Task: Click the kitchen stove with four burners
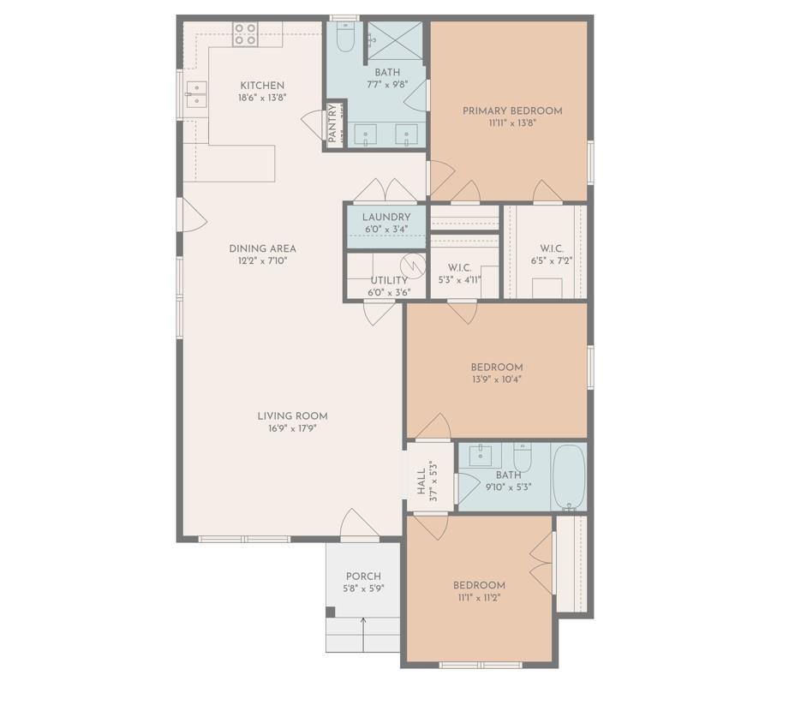coord(245,35)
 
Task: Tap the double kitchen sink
coord(196,94)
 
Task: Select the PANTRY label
coord(332,123)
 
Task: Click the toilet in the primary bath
coord(344,37)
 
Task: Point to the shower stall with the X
coord(396,41)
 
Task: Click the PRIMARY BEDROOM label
coord(512,111)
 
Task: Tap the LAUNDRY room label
coord(386,217)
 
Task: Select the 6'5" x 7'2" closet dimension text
coord(552,260)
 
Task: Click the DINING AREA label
coord(263,248)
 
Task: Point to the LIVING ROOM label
coord(292,416)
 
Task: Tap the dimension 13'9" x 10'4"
coord(497,379)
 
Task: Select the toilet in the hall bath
coord(523,457)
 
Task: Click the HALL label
coord(421,481)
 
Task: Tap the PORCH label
coord(363,577)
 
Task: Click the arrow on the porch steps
coord(363,634)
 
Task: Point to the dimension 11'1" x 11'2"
coord(479,598)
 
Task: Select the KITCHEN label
coord(262,86)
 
